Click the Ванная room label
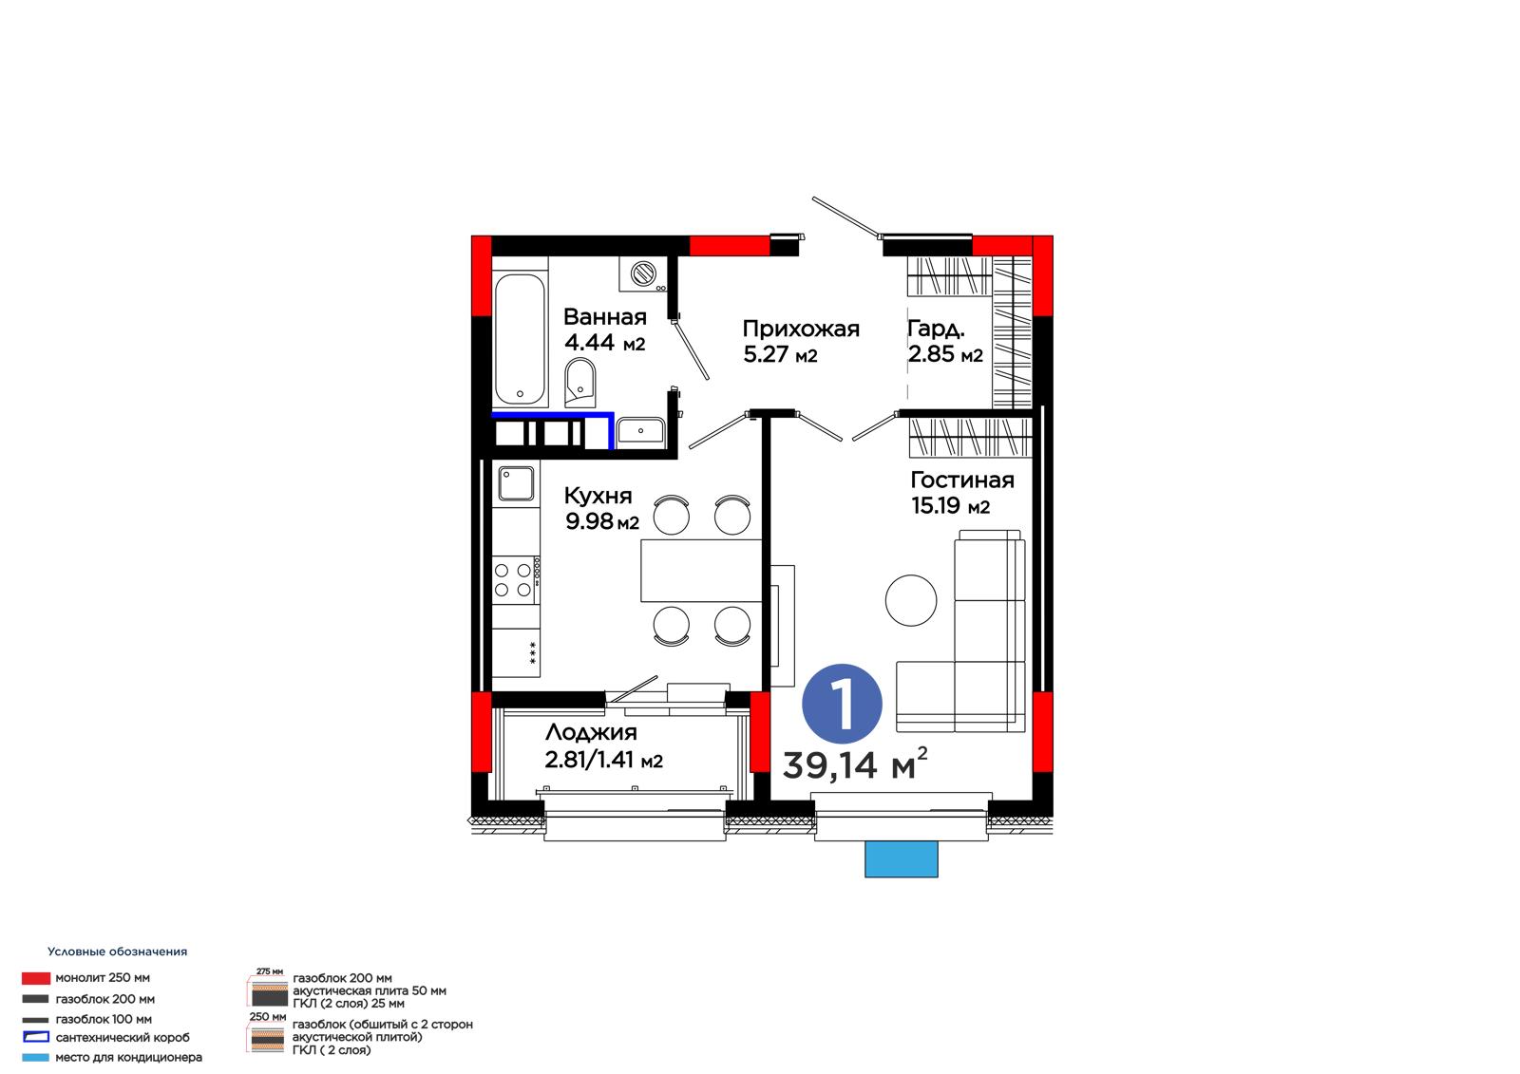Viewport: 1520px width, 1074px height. (604, 317)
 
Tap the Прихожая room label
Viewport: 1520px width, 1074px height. (801, 330)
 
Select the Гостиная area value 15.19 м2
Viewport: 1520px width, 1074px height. (950, 505)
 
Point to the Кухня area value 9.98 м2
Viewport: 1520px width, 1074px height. (602, 521)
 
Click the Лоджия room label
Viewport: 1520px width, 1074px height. (591, 732)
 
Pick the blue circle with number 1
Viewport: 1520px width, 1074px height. (842, 704)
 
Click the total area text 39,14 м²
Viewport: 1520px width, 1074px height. (855, 763)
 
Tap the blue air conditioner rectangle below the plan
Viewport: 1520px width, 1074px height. (902, 859)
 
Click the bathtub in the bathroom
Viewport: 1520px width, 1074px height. (520, 339)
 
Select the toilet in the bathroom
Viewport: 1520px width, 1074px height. (580, 383)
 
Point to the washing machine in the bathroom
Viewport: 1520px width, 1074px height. (642, 274)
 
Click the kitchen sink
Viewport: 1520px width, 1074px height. (516, 483)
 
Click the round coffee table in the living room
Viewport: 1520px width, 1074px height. (911, 600)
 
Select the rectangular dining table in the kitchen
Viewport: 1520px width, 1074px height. (701, 571)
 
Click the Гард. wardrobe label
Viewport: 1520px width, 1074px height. (936, 330)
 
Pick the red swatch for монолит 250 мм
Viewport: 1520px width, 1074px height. (36, 978)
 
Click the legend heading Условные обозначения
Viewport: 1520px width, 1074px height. (118, 952)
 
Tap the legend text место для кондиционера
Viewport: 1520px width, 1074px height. (129, 1057)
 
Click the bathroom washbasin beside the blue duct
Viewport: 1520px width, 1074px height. (640, 431)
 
